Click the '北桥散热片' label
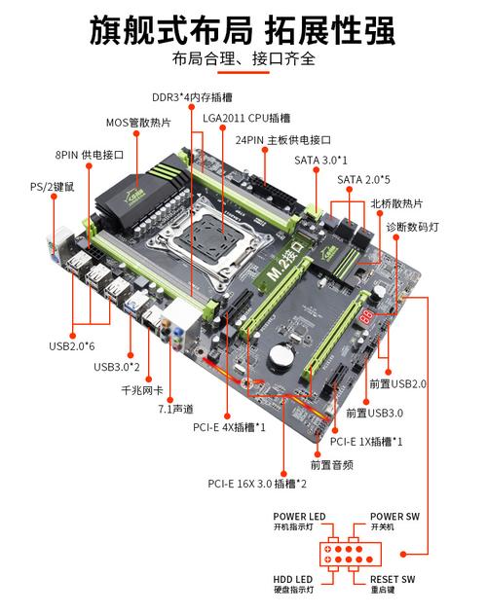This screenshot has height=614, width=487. (396, 203)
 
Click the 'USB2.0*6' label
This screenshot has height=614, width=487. (73, 344)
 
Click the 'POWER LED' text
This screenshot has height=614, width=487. (299, 516)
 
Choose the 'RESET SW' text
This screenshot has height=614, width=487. (394, 579)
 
